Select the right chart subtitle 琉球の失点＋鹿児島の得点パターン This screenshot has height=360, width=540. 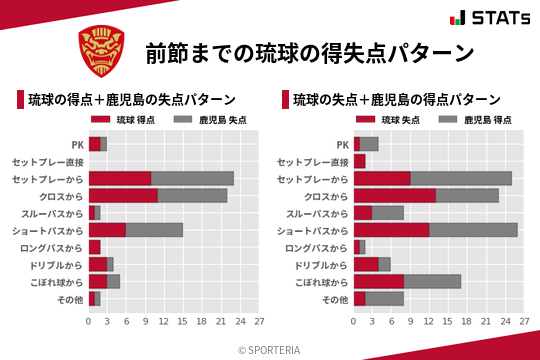(397, 100)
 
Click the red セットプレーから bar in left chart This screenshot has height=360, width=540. (120, 178)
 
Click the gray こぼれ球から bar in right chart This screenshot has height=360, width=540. (432, 281)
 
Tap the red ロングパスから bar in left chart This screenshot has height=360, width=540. (95, 247)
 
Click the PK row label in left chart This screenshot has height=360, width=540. (77, 144)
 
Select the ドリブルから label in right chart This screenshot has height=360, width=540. (324, 264)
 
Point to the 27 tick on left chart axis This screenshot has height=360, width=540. (259, 322)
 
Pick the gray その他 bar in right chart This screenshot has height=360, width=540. (385, 298)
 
